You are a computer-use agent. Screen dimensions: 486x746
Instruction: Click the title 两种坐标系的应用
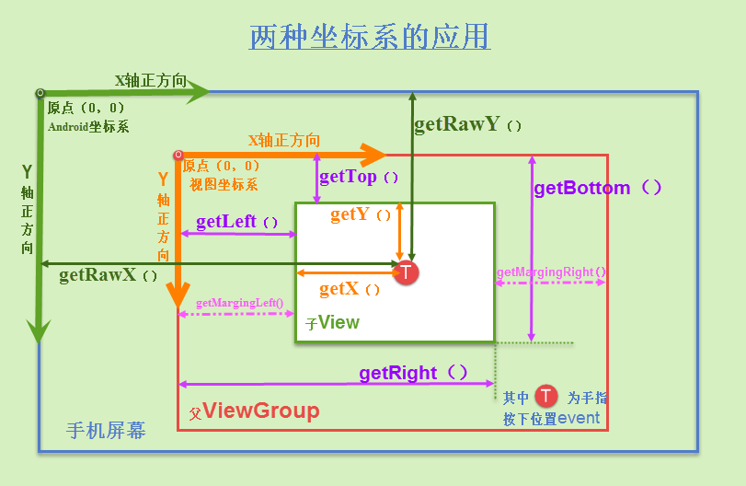(370, 37)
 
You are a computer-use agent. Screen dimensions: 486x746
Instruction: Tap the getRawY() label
(468, 124)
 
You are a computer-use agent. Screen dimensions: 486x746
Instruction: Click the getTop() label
(360, 177)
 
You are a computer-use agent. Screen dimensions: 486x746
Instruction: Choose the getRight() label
(414, 373)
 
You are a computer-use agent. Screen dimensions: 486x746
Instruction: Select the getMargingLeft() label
(239, 303)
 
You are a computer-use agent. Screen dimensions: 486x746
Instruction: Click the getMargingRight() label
(551, 272)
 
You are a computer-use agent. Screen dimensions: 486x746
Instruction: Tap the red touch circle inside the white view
(407, 272)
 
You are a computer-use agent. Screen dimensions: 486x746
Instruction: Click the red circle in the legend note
(547, 397)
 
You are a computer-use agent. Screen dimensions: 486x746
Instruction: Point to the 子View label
(332, 323)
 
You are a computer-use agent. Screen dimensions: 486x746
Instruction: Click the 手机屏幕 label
(106, 430)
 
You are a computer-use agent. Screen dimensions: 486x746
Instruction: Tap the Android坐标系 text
(88, 127)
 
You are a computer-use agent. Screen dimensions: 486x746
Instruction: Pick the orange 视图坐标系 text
(224, 184)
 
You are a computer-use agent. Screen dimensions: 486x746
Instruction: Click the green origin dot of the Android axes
(40, 93)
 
